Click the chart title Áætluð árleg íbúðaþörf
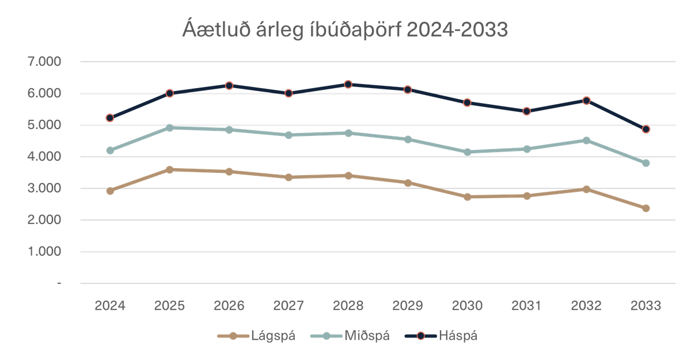[345, 29]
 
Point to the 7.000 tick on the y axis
[44, 61]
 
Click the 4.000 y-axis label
[44, 157]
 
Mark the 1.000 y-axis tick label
[44, 252]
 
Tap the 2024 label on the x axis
[110, 305]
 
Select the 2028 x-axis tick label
[348, 305]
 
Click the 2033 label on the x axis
[646, 305]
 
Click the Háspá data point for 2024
[110, 118]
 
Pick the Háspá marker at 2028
[348, 85]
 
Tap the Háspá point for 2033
[646, 130]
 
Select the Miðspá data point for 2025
[170, 128]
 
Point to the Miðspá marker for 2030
[468, 151]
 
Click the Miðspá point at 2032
[587, 140]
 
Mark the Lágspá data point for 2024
[110, 191]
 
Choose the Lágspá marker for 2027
[289, 177]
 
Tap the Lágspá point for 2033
[646, 208]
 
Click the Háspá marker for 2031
[527, 111]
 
